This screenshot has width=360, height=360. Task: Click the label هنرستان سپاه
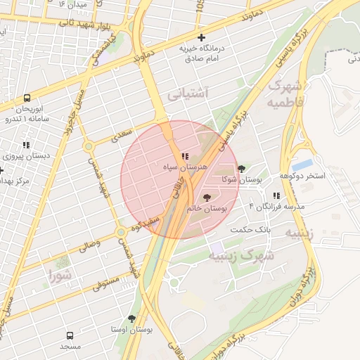coord(186,169)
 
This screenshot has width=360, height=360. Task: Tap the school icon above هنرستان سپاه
coord(185,156)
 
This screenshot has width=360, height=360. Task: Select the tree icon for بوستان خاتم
coord(206,198)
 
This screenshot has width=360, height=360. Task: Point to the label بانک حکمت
coord(250,230)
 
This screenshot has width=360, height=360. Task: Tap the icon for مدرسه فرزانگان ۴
coord(276,195)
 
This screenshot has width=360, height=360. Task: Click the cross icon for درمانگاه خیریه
coord(202,37)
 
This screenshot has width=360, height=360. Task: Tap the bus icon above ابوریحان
coord(27,98)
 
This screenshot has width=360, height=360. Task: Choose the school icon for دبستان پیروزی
coord(27,145)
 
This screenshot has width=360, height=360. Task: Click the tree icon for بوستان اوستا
coord(131,319)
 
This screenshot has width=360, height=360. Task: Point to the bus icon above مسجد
coord(70,335)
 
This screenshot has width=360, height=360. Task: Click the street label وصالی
coord(89,246)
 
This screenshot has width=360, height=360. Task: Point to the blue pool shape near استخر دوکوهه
coord(302,165)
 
